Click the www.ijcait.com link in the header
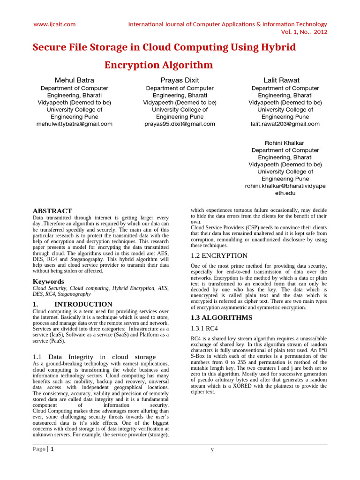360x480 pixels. [x=54, y=24]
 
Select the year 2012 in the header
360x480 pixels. [x=320, y=32]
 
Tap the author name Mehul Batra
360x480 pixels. [x=74, y=80]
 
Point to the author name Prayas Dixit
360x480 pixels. [x=180, y=80]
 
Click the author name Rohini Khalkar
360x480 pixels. [x=285, y=143]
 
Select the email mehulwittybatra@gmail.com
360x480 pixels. [x=74, y=124]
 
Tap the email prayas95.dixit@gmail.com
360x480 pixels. [x=180, y=124]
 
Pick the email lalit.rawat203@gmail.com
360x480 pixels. [x=285, y=124]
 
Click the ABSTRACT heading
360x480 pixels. [x=52, y=211]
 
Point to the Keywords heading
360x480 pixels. [x=48, y=281]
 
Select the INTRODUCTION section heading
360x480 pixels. [x=83, y=304]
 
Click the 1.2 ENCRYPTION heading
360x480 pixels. [x=219, y=256]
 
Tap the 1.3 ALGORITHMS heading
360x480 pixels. [x=221, y=318]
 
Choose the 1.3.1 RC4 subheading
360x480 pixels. [x=204, y=329]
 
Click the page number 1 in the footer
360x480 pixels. [x=52, y=449]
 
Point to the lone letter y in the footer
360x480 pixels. [x=212, y=450]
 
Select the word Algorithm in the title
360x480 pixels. [x=187, y=65]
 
